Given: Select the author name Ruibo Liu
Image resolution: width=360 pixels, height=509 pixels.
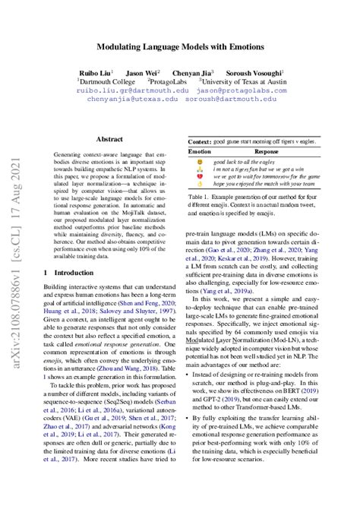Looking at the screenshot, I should tap(94, 71).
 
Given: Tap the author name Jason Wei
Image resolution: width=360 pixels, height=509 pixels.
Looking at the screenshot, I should tap(142, 71).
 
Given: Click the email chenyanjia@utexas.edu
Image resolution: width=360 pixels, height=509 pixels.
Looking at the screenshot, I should tap(133, 99).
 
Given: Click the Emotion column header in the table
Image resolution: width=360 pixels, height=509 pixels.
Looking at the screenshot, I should tap(199, 152).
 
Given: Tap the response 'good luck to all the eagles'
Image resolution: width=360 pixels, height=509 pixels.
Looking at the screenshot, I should tap(248, 163).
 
